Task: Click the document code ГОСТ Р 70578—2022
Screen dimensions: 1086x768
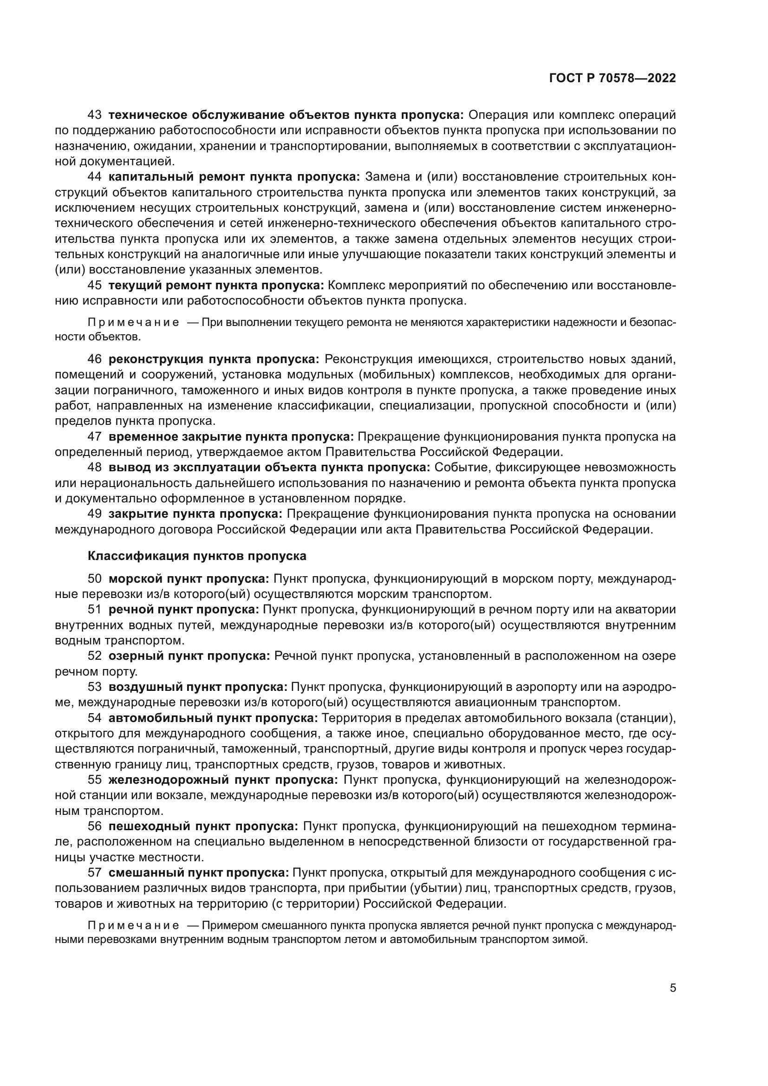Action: pos(612,78)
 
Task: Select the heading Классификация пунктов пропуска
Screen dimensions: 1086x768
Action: pos(197,556)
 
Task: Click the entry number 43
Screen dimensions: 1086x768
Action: pos(95,115)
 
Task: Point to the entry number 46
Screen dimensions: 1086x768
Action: pos(95,359)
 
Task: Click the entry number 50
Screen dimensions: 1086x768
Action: pos(95,579)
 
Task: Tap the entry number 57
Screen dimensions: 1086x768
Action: pos(95,873)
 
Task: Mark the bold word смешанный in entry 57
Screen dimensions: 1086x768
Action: pos(145,873)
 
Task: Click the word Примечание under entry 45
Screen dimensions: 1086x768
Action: pos(133,323)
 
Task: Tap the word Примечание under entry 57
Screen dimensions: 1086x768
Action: pos(133,926)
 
